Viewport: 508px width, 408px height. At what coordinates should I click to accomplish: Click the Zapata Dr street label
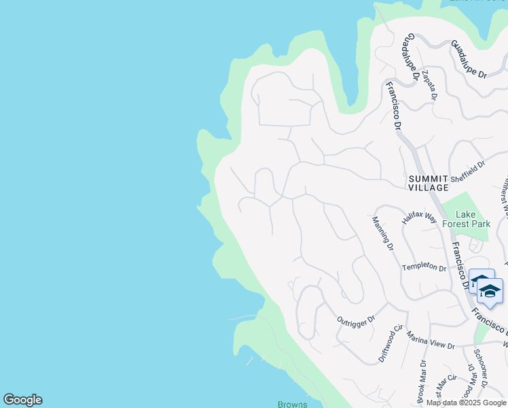click(429, 84)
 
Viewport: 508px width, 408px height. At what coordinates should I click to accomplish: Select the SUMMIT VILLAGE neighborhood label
click(428, 182)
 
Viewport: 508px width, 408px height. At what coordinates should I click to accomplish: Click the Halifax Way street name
click(419, 218)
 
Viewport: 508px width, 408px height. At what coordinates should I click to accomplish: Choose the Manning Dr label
click(383, 231)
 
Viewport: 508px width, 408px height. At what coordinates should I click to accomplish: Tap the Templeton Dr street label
click(424, 268)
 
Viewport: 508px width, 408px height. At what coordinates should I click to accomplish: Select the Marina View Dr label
click(431, 341)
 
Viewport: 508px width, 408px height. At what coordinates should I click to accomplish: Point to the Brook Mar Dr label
click(422, 381)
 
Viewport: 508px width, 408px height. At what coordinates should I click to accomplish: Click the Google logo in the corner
click(22, 400)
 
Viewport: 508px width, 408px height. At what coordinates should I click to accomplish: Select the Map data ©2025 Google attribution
click(467, 403)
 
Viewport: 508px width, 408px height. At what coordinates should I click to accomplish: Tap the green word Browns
click(293, 405)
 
